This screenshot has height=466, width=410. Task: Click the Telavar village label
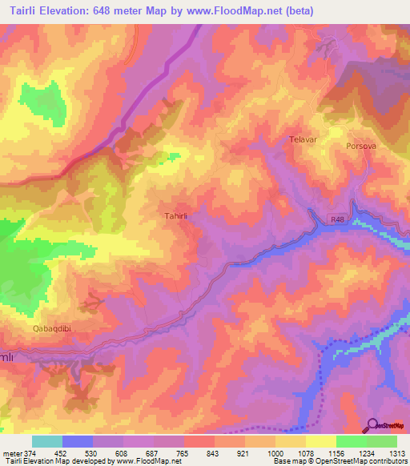coord(303,139)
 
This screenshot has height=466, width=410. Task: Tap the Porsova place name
coord(360,147)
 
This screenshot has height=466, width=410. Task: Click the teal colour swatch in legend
coord(47,441)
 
